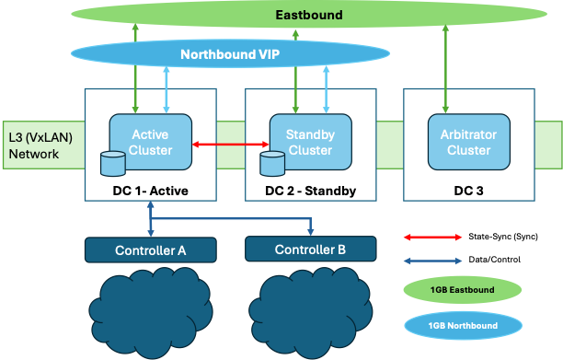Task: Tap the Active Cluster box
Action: pos(151,142)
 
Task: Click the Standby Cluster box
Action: pos(310,142)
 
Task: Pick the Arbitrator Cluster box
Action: pos(466,142)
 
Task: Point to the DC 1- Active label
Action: pos(150,192)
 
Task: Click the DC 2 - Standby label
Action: pos(309,192)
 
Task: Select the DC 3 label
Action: pos(467,192)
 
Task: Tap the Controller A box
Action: pos(151,250)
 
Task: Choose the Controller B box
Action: pos(310,250)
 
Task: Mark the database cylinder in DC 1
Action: pos(112,164)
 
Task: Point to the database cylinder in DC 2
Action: pos(270,164)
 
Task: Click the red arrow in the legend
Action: pos(432,237)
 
